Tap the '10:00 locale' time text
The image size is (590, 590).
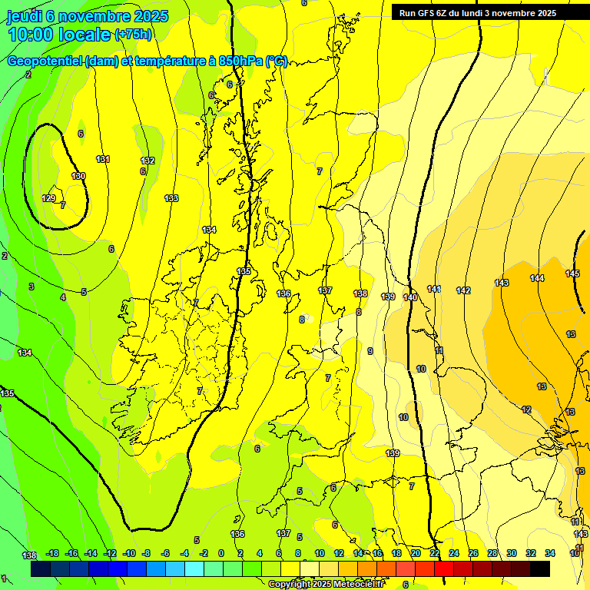point(59,35)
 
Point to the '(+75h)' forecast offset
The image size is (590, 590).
point(133,35)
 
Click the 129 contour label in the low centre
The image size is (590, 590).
point(48,198)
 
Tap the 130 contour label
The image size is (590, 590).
point(78,176)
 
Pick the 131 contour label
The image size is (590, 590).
point(102,159)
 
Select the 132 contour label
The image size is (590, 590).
point(147,161)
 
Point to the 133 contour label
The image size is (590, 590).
point(171,198)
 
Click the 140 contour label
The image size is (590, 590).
point(410,297)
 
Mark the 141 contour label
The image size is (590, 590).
point(434,289)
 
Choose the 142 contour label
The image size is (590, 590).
point(463,290)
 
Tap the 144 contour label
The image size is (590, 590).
point(537,278)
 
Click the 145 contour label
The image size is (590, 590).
point(572,274)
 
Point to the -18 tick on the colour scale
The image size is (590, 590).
point(53,553)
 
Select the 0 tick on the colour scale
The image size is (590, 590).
point(221,553)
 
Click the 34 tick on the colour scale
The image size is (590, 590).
point(550,553)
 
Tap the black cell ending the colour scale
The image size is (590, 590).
point(540,568)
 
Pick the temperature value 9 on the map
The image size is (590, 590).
point(370,351)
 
